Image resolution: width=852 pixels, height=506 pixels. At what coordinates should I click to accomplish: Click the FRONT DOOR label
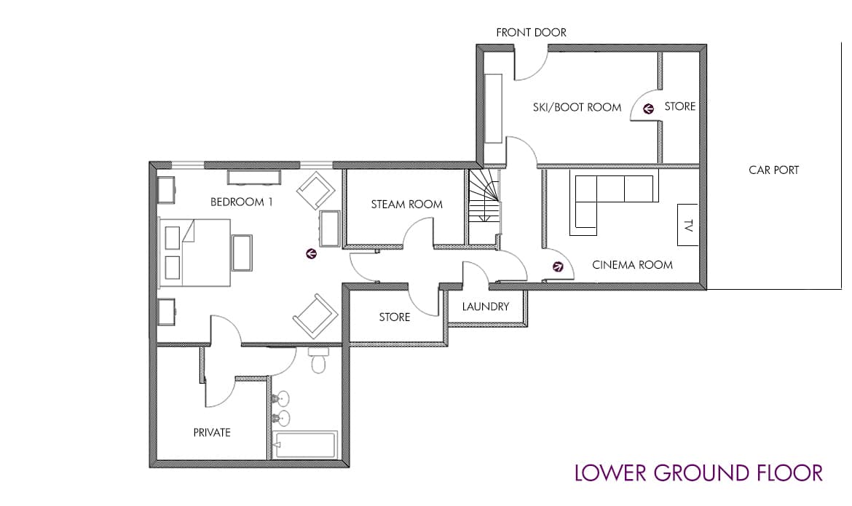tap(531, 33)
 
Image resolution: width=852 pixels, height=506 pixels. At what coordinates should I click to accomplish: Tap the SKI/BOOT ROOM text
tap(577, 107)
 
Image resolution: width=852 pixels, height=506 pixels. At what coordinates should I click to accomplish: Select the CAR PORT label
tap(774, 170)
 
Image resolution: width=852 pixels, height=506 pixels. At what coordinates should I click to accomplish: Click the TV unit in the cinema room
tap(687, 224)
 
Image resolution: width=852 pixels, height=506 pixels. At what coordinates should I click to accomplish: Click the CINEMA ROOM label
tap(633, 265)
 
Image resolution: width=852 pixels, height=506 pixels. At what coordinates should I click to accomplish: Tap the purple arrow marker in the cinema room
tap(558, 267)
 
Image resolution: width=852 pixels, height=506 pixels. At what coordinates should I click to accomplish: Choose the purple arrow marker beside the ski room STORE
tap(647, 108)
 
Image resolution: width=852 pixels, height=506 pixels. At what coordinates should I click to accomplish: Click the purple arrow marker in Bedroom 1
tap(311, 253)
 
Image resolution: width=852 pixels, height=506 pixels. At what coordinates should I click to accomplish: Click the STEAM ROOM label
tap(407, 205)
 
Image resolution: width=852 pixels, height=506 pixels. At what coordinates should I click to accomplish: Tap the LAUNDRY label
tap(486, 307)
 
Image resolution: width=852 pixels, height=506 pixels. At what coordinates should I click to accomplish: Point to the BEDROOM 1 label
tap(241, 202)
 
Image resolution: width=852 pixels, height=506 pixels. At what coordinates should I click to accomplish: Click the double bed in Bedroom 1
tap(194, 252)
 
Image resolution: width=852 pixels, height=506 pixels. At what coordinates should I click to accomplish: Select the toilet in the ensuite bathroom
tap(318, 360)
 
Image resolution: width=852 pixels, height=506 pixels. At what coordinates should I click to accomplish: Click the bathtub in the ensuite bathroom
tap(304, 445)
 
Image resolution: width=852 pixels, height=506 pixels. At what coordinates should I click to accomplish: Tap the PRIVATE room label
tap(212, 432)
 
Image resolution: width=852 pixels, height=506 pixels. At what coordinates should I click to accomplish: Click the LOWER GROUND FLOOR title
tap(699, 473)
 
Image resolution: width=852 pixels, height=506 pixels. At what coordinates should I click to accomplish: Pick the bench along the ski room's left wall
tap(494, 108)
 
